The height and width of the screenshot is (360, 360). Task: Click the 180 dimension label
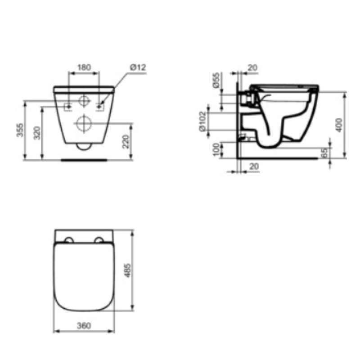[x=84, y=67]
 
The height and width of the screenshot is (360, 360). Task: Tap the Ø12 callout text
[x=138, y=67]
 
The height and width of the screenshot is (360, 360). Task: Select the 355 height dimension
[x=20, y=130]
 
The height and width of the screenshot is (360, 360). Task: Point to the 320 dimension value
[x=37, y=133]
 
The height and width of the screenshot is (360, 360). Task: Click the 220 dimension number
[x=126, y=142]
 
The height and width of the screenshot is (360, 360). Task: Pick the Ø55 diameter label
[x=216, y=80]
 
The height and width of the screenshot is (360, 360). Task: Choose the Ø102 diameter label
[x=202, y=121]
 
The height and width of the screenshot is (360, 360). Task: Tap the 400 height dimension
[x=339, y=125]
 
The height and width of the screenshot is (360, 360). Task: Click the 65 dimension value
[x=324, y=153]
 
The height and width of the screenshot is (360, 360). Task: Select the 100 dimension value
[x=216, y=149]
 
